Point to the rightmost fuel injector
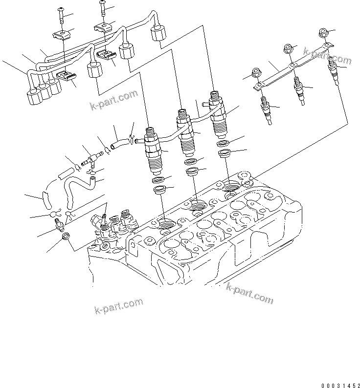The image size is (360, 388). point(217,113)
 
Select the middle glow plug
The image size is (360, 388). point(299,88)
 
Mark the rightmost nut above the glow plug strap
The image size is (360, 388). point(322,33)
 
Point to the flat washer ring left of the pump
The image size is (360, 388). point(65,238)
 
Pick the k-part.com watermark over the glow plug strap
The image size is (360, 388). point(327,56)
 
